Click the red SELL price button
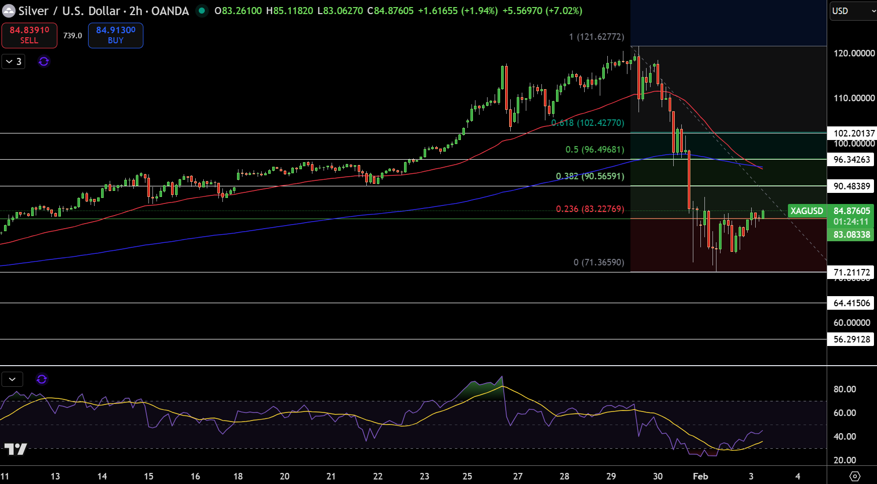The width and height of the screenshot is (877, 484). tap(29, 35)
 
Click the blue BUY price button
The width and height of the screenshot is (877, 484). tap(116, 35)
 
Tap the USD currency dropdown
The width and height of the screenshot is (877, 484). tap(852, 11)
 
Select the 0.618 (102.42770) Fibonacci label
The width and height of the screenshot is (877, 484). tap(588, 123)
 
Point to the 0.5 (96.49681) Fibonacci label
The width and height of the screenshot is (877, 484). tap(595, 150)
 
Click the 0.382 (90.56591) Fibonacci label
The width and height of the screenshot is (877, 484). tap(590, 176)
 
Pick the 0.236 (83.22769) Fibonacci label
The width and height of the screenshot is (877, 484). tap(590, 209)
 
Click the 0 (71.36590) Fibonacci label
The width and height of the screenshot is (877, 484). tap(599, 262)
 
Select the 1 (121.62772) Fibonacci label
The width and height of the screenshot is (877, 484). tap(596, 37)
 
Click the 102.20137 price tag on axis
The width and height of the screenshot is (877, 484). tap(852, 133)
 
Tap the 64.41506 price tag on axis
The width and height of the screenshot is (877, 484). tap(852, 303)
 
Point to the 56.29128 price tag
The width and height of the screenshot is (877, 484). tap(852, 339)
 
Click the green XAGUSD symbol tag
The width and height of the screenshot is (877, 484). tap(807, 211)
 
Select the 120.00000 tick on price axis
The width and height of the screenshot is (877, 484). tap(854, 53)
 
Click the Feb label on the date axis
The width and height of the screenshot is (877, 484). tap(700, 476)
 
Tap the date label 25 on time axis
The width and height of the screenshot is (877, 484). tap(467, 476)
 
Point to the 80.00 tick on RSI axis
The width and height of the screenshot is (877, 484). tap(845, 389)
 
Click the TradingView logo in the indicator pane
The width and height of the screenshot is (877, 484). tap(16, 449)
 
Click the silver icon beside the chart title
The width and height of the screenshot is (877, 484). tap(9, 11)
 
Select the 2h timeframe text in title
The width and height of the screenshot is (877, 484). tap(136, 11)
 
